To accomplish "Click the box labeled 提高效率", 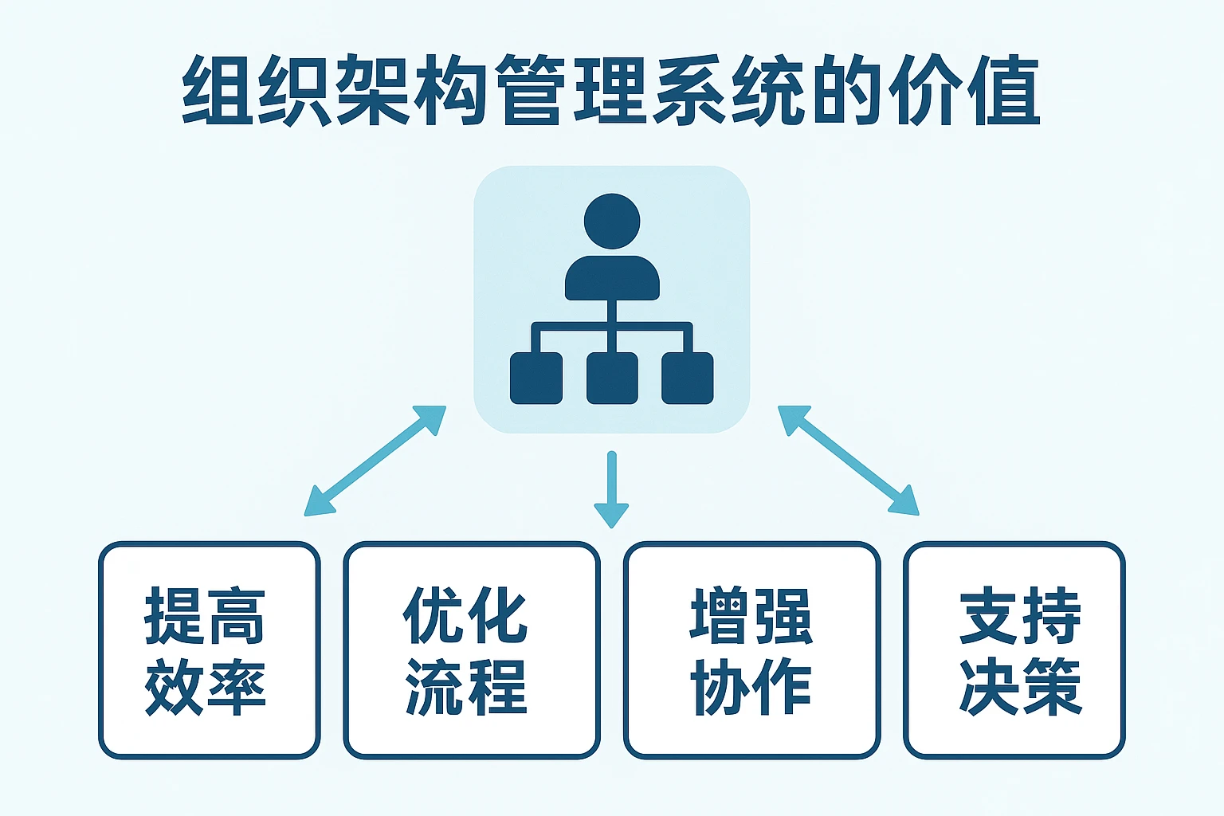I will [209, 649].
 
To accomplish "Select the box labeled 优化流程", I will [471, 649].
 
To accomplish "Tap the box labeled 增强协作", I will [751, 649].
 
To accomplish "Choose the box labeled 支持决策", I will [1014, 649].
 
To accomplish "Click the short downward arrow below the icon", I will [611, 489].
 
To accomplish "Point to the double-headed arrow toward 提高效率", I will [375, 461].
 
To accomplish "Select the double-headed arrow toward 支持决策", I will [848, 461].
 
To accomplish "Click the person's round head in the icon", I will [612, 221].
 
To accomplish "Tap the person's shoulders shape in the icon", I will [612, 278].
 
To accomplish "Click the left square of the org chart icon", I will [536, 378].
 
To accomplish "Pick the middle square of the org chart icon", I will [612, 378].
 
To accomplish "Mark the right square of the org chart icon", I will [687, 378].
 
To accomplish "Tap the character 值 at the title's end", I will [1003, 90].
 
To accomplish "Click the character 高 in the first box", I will [236, 616].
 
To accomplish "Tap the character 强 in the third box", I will [783, 616].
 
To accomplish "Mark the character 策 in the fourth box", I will [1050, 685].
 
